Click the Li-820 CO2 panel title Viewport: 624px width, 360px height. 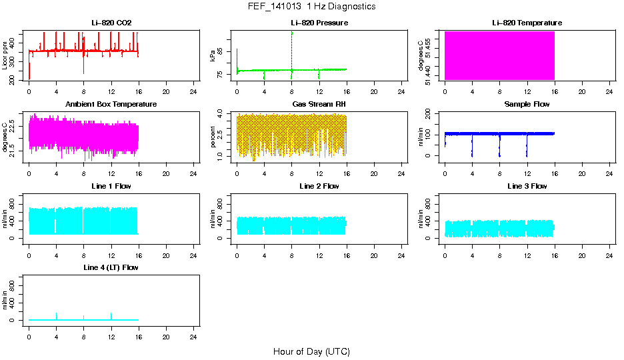click(x=111, y=23)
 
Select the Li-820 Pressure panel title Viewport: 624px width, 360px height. click(x=319, y=23)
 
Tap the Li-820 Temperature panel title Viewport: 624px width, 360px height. click(x=527, y=23)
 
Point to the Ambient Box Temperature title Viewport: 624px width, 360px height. click(x=111, y=105)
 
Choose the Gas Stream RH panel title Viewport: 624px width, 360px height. click(x=319, y=105)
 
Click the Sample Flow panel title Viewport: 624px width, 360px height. click(x=527, y=105)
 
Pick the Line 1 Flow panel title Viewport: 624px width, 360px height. click(x=111, y=186)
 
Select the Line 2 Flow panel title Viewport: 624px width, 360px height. click(x=319, y=186)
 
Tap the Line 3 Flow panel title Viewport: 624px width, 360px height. click(x=527, y=186)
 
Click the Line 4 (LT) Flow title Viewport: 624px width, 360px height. click(x=111, y=267)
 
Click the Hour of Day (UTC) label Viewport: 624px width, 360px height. click(x=311, y=351)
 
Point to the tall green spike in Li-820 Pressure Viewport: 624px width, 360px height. click(x=292, y=40)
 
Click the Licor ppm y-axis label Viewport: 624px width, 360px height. click(x=5, y=55)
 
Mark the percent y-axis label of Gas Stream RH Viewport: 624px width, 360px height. click(x=213, y=137)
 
